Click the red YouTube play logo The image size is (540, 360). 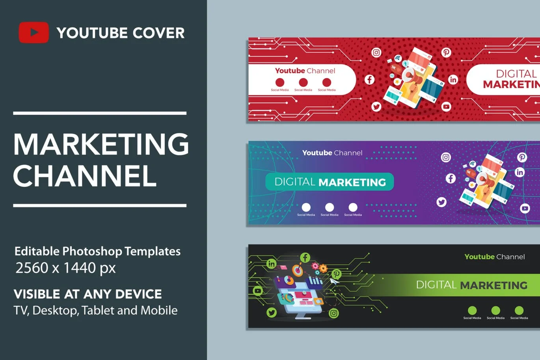pos(34,32)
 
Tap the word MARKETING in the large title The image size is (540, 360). pos(101,144)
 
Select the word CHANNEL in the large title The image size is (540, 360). pos(85,176)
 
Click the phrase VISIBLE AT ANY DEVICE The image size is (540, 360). pos(88,294)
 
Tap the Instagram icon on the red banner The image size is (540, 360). pos(376,52)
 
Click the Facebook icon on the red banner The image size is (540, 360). pos(369,80)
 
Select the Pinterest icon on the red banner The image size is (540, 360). pos(446,52)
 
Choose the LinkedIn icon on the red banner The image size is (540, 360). pos(453,80)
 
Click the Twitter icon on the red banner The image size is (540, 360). pos(376,106)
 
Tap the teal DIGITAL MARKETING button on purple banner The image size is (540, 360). pos(330,182)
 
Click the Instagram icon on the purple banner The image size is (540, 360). pos(446,157)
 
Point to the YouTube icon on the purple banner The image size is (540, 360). pos(525,208)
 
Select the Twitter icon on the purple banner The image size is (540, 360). pos(441,202)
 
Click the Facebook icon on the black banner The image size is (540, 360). pos(305,257)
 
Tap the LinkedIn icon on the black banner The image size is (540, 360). pos(271,264)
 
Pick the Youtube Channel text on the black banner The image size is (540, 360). pos(494,257)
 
